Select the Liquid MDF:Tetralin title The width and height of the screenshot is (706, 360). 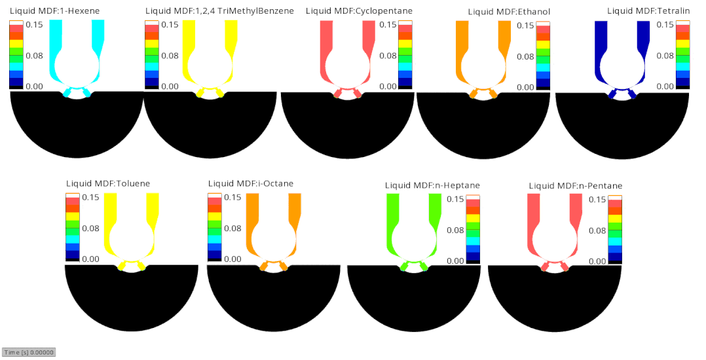(x=648, y=10)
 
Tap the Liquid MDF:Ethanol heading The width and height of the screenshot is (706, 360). (x=510, y=12)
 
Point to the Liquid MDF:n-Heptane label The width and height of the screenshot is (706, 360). (x=432, y=185)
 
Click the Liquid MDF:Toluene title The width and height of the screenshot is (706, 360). (x=108, y=183)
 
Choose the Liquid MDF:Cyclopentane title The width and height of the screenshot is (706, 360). (x=359, y=10)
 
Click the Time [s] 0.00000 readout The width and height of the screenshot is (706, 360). (x=29, y=352)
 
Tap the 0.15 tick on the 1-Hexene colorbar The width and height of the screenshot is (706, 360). (x=34, y=24)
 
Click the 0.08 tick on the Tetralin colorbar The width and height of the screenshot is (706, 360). (x=665, y=56)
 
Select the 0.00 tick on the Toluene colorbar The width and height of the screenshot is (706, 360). (x=90, y=259)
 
